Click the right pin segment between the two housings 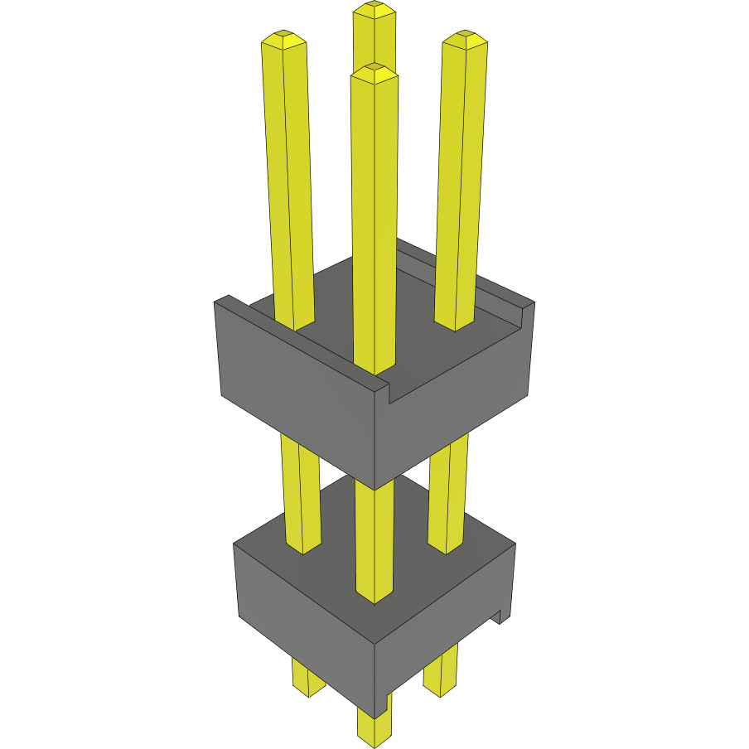[448, 497]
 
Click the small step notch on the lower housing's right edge [502, 616]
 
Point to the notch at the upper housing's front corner [389, 394]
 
